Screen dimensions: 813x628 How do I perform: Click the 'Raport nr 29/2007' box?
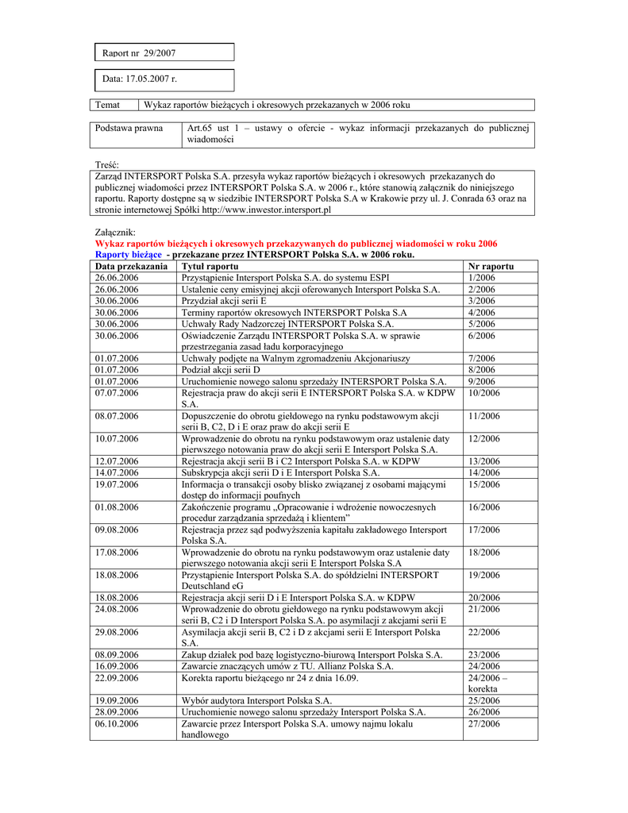(163, 53)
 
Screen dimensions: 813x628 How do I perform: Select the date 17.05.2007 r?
(140, 79)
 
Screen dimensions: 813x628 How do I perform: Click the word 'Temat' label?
(108, 105)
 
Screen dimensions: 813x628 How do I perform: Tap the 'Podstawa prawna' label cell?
(129, 128)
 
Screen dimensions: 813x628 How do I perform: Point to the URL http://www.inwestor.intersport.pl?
(266, 210)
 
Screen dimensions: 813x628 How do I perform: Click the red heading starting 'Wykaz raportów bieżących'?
(296, 244)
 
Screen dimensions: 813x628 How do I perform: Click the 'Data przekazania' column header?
(131, 267)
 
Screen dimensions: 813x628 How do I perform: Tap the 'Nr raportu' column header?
(491, 267)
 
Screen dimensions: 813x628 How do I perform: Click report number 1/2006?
(482, 278)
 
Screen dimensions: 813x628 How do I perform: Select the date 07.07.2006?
(117, 392)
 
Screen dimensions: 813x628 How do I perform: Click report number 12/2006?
(484, 438)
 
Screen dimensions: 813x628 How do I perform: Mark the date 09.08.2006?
(117, 530)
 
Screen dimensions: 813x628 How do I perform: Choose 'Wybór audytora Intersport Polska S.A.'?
(256, 701)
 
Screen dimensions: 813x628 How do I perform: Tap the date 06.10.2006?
(117, 724)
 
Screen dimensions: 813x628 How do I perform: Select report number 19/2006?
(484, 575)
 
